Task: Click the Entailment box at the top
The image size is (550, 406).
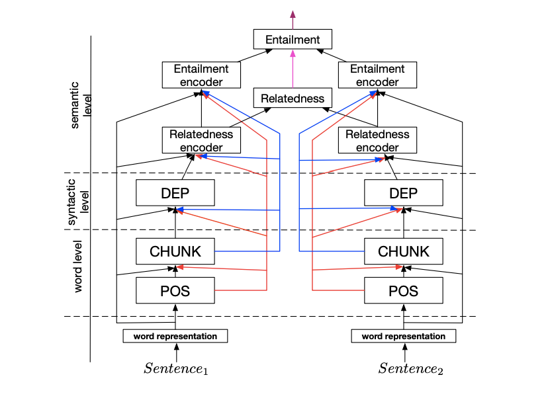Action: [x=293, y=40]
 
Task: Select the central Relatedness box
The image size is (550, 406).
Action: [x=293, y=99]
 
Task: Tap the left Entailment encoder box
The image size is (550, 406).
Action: [x=201, y=75]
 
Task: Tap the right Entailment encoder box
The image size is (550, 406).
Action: [x=377, y=75]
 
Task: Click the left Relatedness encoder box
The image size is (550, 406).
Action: [x=201, y=140]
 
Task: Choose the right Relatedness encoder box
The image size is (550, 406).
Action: [x=377, y=140]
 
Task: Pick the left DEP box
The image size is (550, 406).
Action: [x=175, y=193]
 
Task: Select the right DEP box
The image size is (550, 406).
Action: [x=404, y=193]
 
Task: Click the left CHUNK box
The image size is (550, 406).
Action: [x=175, y=251]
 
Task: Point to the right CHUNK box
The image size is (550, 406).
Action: [x=404, y=251]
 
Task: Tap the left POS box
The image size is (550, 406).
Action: [x=175, y=290]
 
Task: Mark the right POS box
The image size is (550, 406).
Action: [x=404, y=290]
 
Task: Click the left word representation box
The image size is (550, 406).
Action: [x=175, y=336]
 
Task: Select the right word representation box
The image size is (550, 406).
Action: [x=404, y=336]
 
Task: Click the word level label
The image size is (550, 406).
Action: [x=78, y=268]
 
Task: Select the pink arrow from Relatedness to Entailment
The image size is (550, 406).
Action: [x=293, y=69]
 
